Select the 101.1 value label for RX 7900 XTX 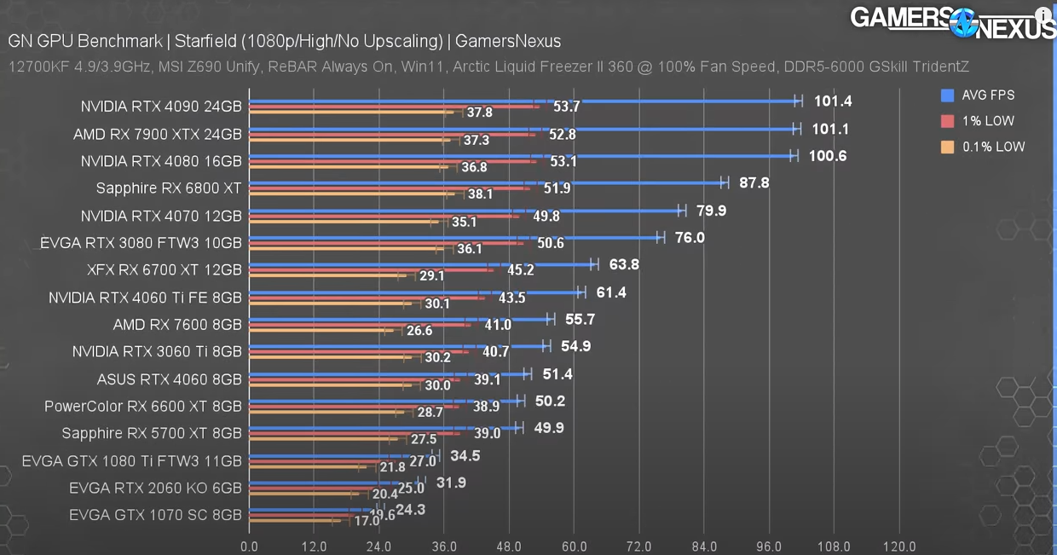click(x=831, y=129)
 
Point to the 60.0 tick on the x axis click(x=574, y=546)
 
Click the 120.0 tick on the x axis click(x=899, y=546)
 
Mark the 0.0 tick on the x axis click(x=249, y=546)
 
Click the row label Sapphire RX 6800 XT click(x=169, y=188)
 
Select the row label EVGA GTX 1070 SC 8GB click(x=155, y=515)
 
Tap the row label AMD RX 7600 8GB click(x=177, y=324)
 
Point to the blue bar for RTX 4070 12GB click(x=465, y=210)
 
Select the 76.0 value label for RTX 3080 click(x=690, y=237)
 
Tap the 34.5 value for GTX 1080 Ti click(x=465, y=456)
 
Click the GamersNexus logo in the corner click(x=952, y=22)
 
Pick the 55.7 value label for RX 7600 click(x=580, y=319)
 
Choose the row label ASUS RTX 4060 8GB click(x=169, y=379)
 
